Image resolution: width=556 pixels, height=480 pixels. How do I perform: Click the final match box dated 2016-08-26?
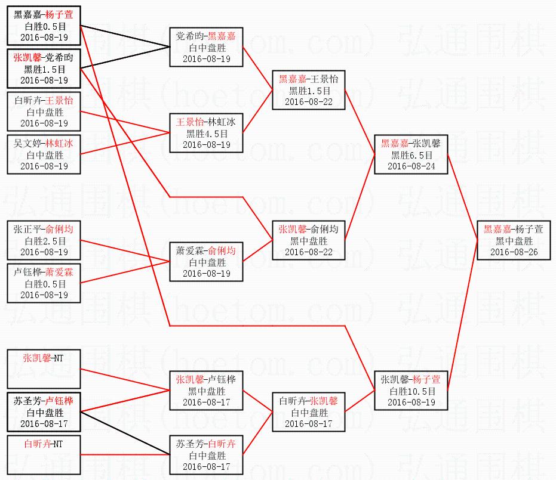(x=513, y=240)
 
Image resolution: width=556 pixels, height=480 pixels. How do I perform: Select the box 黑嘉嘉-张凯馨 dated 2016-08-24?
(x=410, y=154)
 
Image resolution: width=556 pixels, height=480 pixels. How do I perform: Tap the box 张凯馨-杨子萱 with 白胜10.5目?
(x=410, y=391)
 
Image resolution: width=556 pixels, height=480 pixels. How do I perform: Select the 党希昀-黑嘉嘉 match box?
(x=206, y=47)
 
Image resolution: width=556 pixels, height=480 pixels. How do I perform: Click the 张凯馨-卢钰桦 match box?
(x=206, y=391)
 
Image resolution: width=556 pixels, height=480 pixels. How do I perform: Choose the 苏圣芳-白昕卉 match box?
(x=206, y=455)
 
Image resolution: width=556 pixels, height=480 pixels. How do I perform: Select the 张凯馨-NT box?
(x=44, y=369)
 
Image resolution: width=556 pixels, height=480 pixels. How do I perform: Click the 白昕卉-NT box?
(x=44, y=455)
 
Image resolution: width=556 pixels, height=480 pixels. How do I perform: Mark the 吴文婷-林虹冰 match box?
(x=44, y=154)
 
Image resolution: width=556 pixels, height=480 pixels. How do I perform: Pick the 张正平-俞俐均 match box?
(x=44, y=240)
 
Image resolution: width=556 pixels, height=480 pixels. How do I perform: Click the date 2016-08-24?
(x=410, y=166)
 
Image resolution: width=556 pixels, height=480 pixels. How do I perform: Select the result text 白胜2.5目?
(x=44, y=241)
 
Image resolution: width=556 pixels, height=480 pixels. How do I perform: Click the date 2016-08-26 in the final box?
(x=513, y=252)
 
